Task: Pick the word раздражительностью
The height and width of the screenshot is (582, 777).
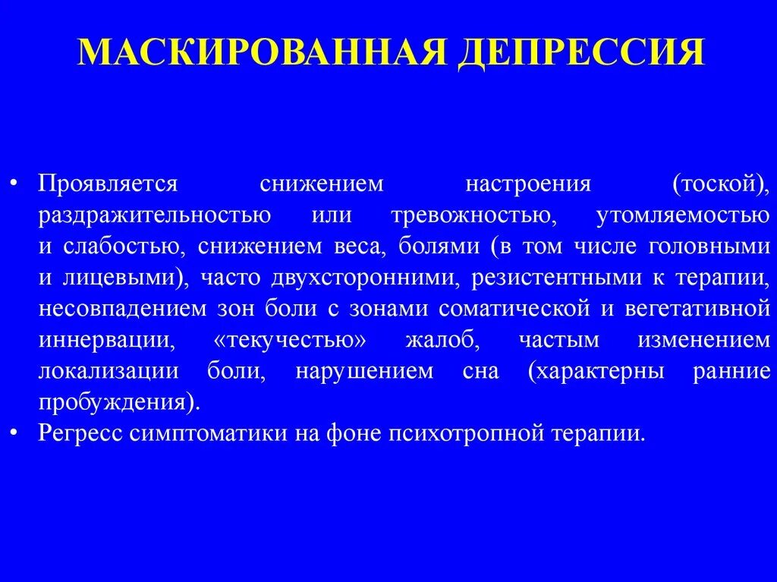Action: click(155, 216)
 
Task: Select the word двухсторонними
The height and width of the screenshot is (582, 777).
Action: click(363, 278)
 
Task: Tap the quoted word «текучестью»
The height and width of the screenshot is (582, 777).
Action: click(291, 341)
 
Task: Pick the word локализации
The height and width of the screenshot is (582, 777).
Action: click(109, 372)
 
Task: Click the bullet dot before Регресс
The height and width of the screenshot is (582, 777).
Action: click(17, 435)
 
